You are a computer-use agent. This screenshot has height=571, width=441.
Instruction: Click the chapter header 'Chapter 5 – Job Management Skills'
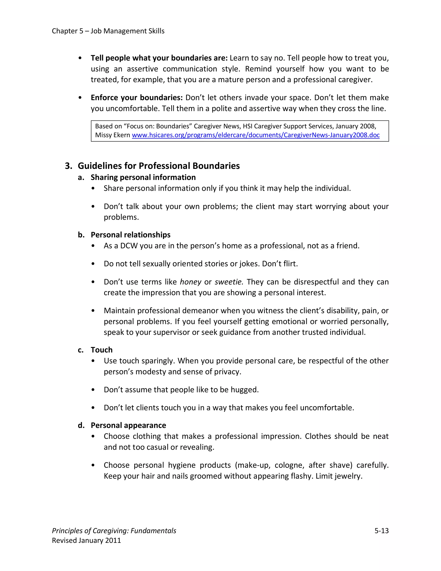tap(108, 31)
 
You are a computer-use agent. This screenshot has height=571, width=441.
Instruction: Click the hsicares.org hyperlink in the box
tap(256, 135)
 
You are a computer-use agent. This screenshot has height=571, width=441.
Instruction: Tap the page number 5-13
tap(381, 530)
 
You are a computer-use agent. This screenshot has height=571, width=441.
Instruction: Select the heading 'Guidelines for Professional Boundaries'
tap(158, 166)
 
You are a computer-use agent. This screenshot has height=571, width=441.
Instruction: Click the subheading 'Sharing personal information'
tap(143, 177)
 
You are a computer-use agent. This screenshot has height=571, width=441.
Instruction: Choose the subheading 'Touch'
tap(101, 350)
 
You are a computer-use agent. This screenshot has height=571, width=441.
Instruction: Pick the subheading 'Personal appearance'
tap(128, 425)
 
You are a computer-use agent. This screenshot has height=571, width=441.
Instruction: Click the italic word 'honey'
tap(190, 282)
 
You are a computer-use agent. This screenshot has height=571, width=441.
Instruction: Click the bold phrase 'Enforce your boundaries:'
tap(136, 98)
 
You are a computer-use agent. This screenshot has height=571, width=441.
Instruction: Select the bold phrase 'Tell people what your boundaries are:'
tap(159, 58)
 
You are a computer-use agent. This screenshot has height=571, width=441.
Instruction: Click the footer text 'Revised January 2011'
tap(87, 540)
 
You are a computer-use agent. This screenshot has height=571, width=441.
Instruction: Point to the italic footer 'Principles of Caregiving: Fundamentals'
tap(114, 530)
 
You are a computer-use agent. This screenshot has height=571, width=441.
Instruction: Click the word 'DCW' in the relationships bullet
tap(129, 246)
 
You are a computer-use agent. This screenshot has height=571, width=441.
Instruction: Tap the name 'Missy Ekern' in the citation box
tap(112, 135)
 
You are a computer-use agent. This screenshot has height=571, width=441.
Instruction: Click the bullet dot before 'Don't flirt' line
tap(93, 264)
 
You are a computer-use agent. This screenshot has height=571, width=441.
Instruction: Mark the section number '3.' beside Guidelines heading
tap(68, 166)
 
